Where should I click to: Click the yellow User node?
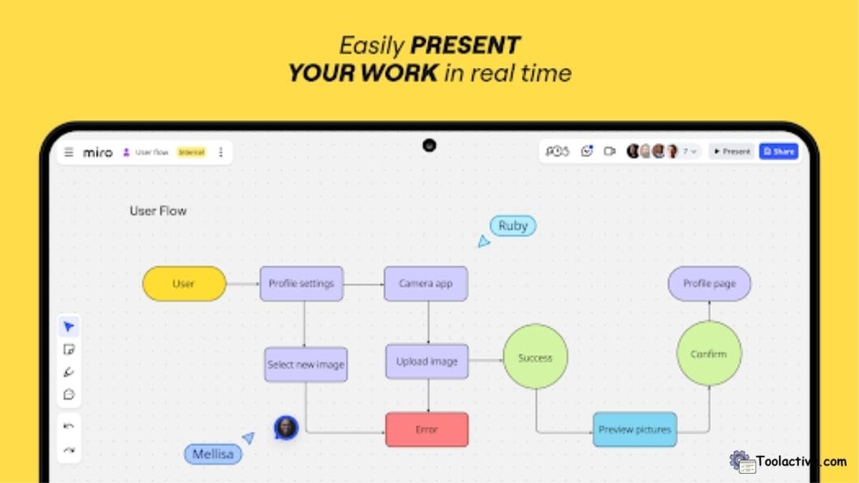coord(184,283)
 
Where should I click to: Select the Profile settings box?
coord(301,283)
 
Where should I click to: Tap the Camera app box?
coord(426,283)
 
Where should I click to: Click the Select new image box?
coord(306,364)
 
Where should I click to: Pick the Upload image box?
coord(427,361)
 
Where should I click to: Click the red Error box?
coord(427,430)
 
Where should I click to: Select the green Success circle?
coord(535,358)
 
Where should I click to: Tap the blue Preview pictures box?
coord(635,430)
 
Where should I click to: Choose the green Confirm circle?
coord(709,353)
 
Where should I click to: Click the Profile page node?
coord(709,283)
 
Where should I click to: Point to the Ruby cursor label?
coord(513,226)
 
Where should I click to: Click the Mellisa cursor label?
coord(213,454)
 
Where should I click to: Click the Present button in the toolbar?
coord(732,152)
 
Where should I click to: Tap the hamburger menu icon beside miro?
coord(69,152)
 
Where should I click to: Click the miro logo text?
coord(97,152)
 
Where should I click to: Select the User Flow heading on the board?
coord(158,210)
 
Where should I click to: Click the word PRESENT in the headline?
coord(465,46)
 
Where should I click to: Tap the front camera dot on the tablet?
coord(429,145)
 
